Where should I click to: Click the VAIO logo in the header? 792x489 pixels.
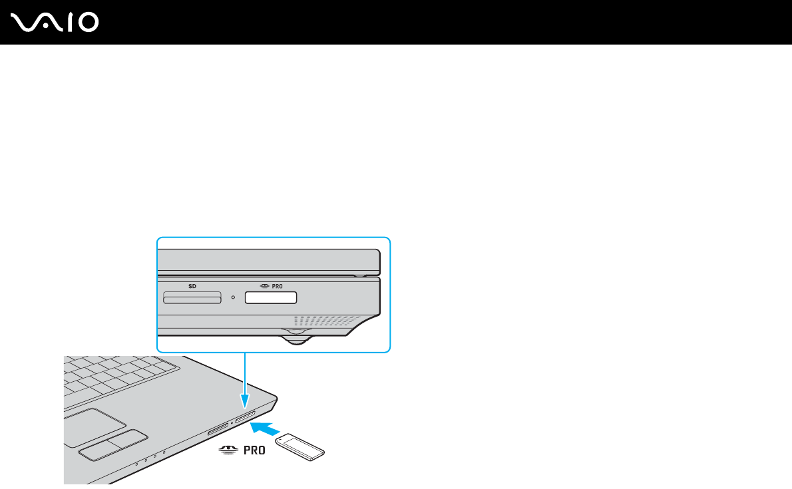coord(55,23)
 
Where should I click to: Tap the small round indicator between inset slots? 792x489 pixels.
coord(233,297)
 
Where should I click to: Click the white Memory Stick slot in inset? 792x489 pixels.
coord(270,297)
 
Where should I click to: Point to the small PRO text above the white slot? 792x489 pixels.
coord(277,286)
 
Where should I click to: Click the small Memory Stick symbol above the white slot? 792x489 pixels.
coord(264,286)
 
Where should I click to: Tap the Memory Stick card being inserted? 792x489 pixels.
coord(300,446)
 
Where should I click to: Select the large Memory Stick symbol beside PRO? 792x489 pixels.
coord(226,450)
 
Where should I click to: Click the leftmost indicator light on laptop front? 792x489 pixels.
coord(136,462)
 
